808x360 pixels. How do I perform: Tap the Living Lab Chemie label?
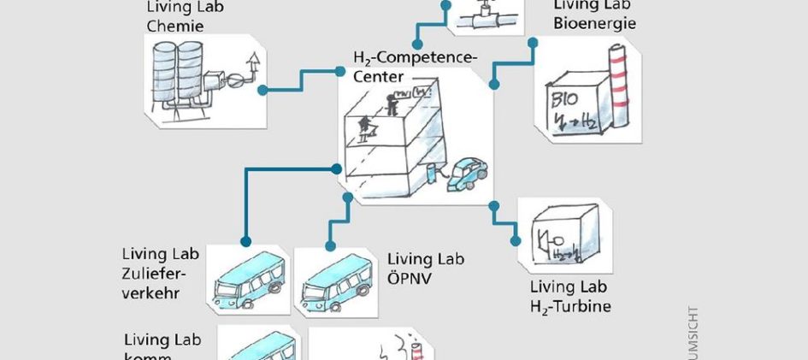click(x=175, y=17)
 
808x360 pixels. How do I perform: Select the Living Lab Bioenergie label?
click(x=594, y=15)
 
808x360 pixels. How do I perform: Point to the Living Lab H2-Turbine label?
click(x=570, y=296)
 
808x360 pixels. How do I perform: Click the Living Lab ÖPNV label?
click(x=426, y=268)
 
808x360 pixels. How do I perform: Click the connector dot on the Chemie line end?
click(x=262, y=89)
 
